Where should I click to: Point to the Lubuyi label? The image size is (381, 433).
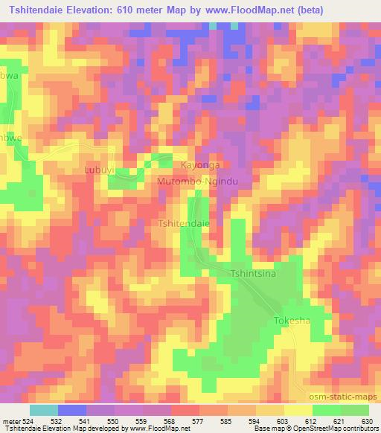[98, 171]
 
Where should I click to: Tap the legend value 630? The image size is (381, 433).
[367, 421]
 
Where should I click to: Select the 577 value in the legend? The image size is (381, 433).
[199, 421]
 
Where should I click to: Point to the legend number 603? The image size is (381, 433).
[284, 421]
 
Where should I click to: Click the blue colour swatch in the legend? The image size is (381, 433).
[71, 410]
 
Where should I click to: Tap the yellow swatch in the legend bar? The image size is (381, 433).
[298, 410]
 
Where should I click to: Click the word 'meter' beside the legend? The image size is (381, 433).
[10, 421]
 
